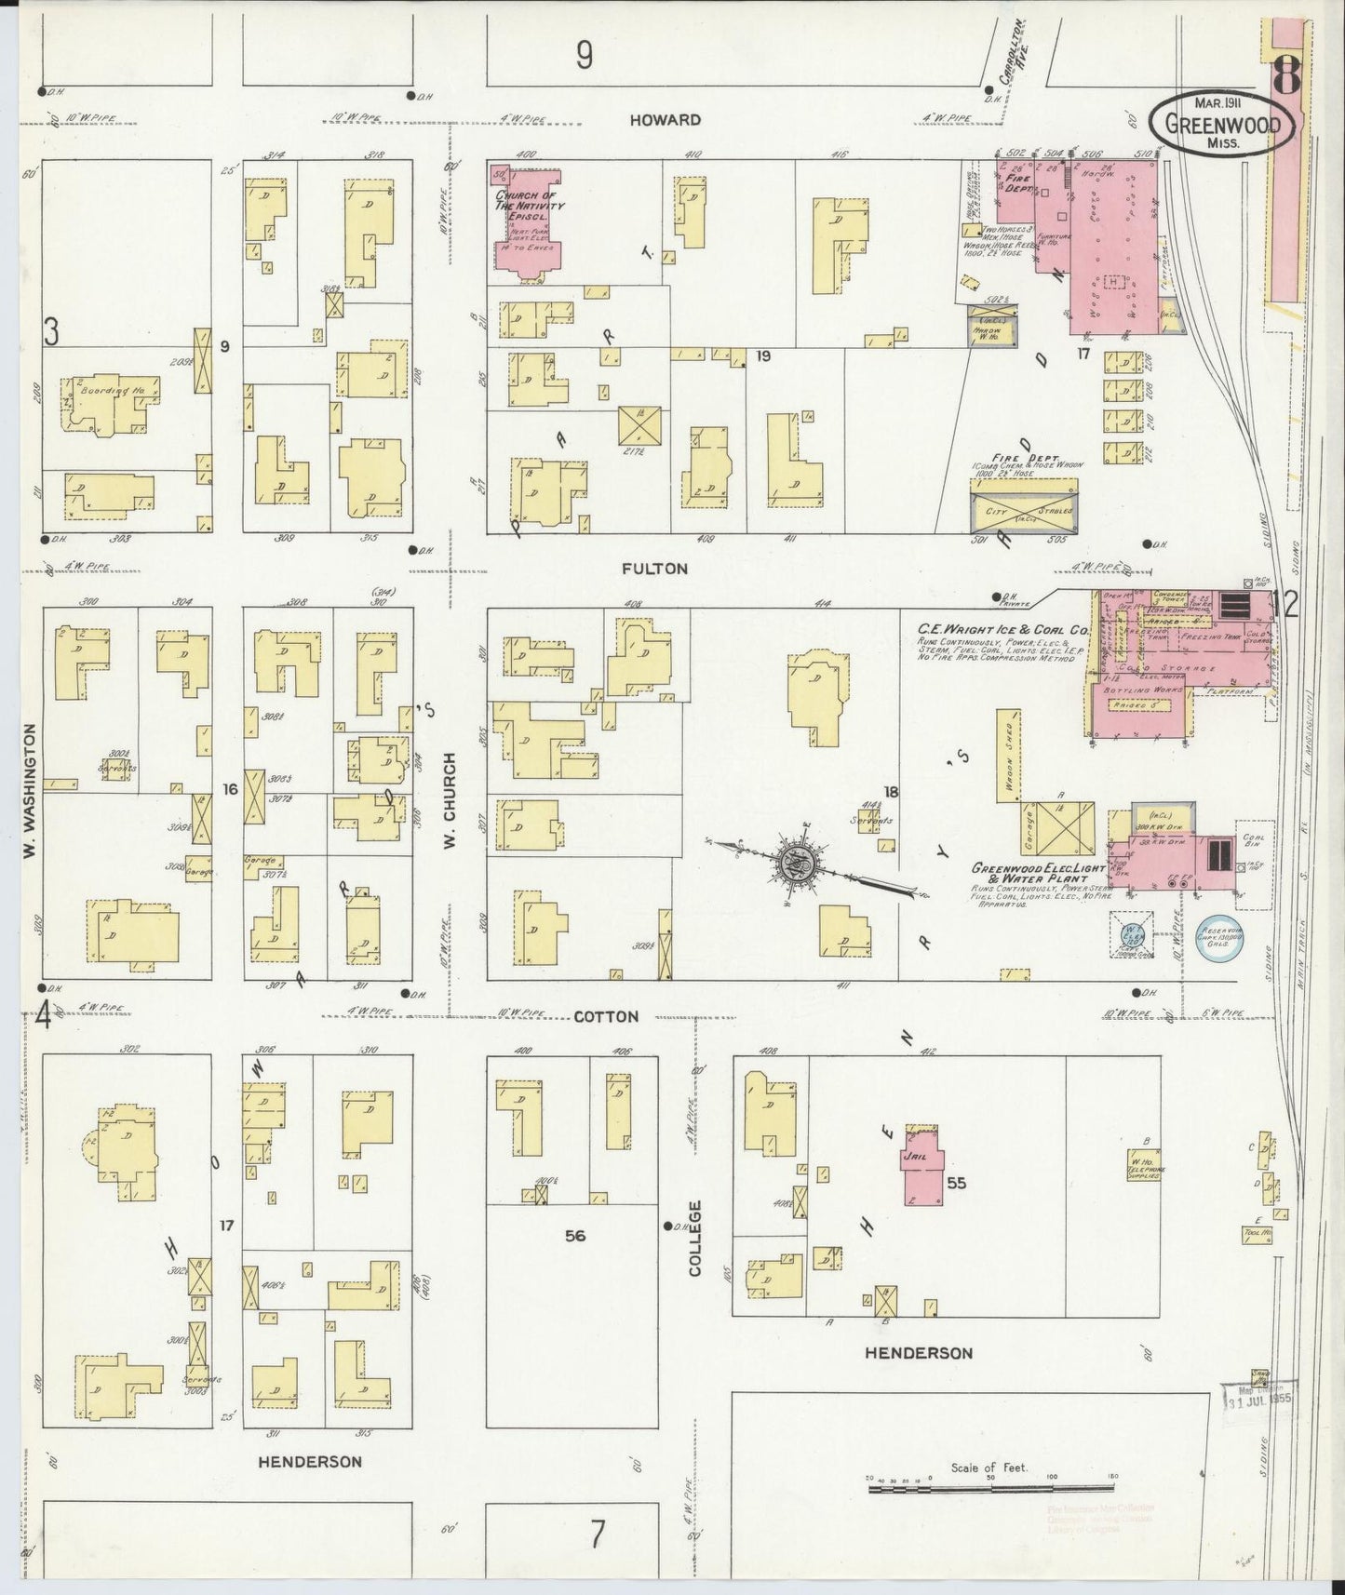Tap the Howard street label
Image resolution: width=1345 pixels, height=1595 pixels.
pos(664,120)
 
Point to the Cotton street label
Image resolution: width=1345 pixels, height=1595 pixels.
pos(606,1017)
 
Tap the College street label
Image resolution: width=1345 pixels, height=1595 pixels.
pos(695,1237)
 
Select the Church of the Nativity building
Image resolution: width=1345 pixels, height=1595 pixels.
pos(525,223)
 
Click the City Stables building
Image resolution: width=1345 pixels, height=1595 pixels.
pos(1023,511)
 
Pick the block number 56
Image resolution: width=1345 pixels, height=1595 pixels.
pos(574,1236)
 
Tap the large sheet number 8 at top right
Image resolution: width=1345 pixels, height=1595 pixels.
pos(1286,74)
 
